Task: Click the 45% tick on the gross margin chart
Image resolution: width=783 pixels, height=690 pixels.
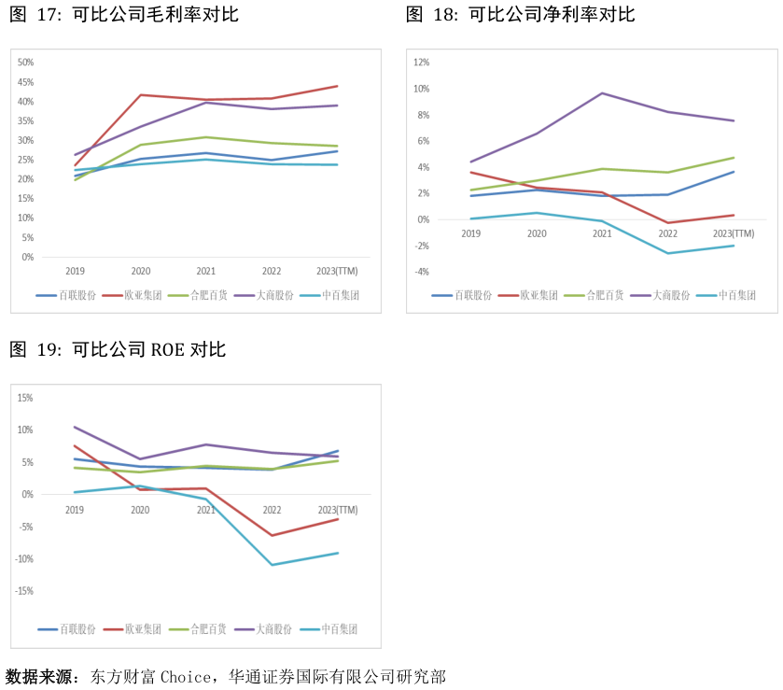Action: click(x=25, y=82)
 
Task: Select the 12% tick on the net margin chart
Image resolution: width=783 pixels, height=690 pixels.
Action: click(x=421, y=63)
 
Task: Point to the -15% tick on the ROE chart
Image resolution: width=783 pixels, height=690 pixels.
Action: click(x=24, y=591)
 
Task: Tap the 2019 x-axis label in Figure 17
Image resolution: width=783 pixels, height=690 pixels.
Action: click(x=75, y=271)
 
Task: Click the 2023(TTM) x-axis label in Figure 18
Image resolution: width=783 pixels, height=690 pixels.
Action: click(x=733, y=233)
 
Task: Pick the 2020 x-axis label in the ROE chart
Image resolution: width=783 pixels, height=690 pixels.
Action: click(x=140, y=510)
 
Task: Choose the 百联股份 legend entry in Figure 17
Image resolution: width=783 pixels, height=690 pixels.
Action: click(x=66, y=295)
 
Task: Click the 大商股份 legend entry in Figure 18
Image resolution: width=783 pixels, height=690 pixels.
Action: click(x=660, y=295)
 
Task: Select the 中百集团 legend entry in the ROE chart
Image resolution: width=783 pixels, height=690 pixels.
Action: click(x=329, y=629)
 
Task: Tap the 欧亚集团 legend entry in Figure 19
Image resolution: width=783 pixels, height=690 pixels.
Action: click(x=133, y=629)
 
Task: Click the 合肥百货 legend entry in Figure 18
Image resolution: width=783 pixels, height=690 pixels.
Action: click(x=594, y=295)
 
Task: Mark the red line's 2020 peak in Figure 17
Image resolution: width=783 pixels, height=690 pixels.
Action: click(x=141, y=95)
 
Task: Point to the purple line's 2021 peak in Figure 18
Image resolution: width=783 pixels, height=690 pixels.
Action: click(x=602, y=93)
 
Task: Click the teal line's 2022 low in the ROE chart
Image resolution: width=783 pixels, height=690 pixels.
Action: click(x=273, y=565)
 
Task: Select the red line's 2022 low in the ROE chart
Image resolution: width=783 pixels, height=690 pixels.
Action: click(x=273, y=535)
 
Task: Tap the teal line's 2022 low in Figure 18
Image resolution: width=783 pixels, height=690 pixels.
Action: click(x=667, y=253)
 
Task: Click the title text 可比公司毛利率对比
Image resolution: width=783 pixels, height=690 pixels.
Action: click(x=155, y=15)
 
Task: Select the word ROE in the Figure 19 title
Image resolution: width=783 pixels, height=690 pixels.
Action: click(x=167, y=350)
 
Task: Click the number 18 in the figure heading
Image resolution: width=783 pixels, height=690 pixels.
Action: click(x=443, y=15)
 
